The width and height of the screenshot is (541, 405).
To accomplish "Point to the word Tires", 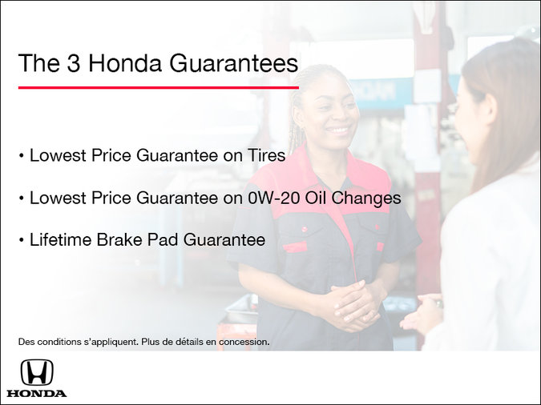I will (264, 155).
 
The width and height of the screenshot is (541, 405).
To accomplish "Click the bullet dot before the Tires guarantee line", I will (22, 156).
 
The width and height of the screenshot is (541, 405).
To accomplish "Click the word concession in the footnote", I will (244, 342).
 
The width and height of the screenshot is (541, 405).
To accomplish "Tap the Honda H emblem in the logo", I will (37, 372).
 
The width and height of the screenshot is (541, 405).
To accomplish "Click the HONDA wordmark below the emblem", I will (37, 393).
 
